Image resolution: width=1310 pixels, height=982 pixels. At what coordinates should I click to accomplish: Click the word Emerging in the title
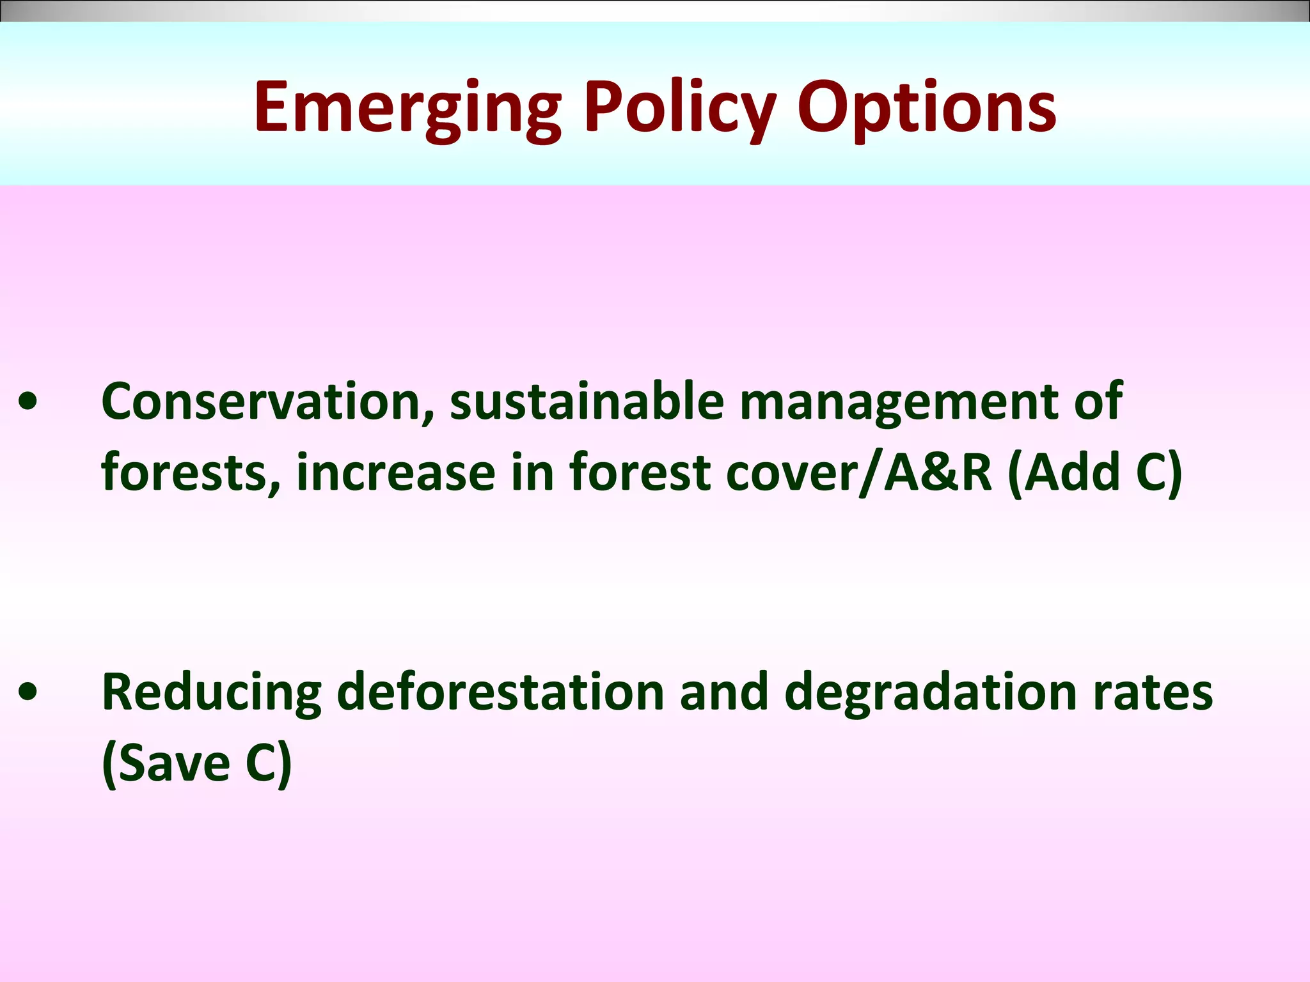[x=407, y=109]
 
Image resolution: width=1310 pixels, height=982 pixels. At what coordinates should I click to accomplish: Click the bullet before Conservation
[x=28, y=403]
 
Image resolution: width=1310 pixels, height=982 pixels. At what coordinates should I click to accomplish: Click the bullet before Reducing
[x=28, y=693]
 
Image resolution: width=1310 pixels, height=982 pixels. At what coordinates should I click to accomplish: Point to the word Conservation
[x=268, y=401]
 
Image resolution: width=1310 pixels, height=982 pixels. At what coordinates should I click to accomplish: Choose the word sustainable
[x=587, y=401]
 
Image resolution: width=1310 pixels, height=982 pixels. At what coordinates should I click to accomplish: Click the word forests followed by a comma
[x=190, y=473]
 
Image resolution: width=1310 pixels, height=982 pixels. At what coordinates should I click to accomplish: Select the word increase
[x=395, y=473]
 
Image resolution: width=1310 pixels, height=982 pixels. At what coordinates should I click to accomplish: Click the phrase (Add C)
[x=1094, y=473]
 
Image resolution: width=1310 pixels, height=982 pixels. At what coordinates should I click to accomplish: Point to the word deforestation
[x=500, y=693]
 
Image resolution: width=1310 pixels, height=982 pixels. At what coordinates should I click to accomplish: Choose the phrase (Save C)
[x=196, y=764]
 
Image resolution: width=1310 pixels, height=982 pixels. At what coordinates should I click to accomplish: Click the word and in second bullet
[x=723, y=693]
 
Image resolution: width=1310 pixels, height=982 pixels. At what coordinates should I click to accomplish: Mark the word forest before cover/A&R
[x=640, y=473]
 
